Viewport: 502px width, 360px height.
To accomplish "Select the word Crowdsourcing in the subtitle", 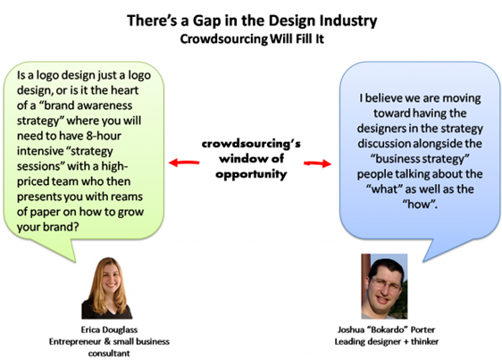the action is tap(224, 39).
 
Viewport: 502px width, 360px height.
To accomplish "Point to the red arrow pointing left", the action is tap(184, 163).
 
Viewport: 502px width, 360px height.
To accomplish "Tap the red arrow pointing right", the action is tap(317, 163).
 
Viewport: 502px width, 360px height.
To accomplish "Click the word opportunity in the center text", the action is tap(251, 174).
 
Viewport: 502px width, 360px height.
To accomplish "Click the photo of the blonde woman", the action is tap(107, 288).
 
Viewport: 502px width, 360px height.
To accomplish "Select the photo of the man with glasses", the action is tap(384, 287).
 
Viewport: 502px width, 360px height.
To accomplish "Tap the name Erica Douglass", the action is tap(109, 330).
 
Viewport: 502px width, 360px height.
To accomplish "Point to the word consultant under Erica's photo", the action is tap(109, 353).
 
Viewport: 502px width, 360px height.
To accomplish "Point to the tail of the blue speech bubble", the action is tap(441, 249).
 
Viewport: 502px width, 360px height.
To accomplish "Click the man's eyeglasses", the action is tap(386, 284).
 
